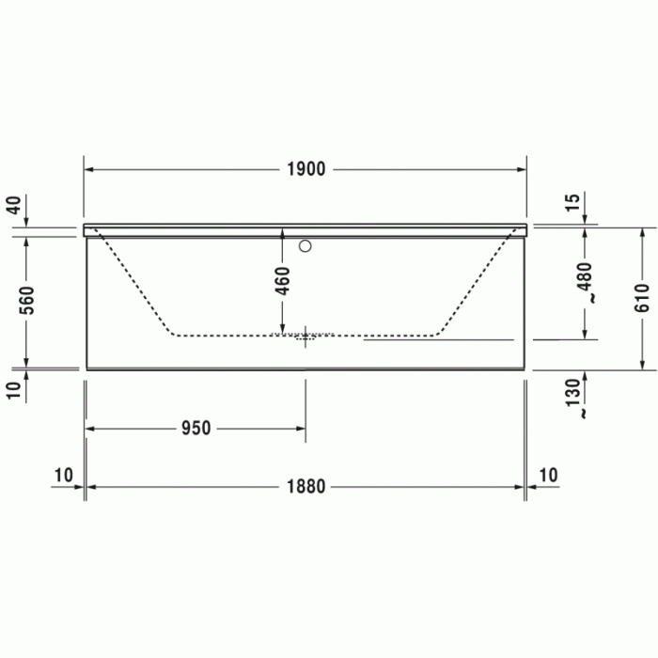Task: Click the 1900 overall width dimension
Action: click(x=305, y=169)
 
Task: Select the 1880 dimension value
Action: click(x=305, y=487)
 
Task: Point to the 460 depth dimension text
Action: click(x=283, y=282)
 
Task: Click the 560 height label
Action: click(x=26, y=301)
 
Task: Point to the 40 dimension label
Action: click(x=13, y=205)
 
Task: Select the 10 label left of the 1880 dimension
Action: click(x=63, y=475)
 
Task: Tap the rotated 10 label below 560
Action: click(x=13, y=390)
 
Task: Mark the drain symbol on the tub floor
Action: click(x=305, y=336)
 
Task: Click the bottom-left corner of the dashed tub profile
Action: click(x=173, y=334)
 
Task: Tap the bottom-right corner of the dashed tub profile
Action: click(x=435, y=334)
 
